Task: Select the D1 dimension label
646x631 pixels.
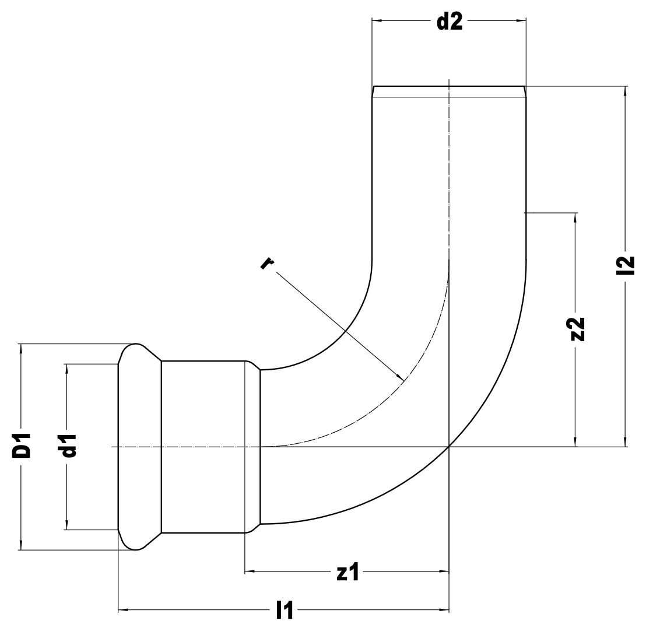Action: (x=22, y=446)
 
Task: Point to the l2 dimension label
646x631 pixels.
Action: (x=626, y=265)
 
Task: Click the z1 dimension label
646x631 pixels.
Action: (x=347, y=573)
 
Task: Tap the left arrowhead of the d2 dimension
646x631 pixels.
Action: (x=377, y=21)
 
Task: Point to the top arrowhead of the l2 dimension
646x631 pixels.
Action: (x=626, y=90)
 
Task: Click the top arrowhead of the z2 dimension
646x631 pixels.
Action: (x=576, y=218)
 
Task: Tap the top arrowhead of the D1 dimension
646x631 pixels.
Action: (x=22, y=349)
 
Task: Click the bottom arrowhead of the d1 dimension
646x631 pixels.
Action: (x=68, y=525)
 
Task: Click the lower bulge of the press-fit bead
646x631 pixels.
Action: (x=136, y=542)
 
